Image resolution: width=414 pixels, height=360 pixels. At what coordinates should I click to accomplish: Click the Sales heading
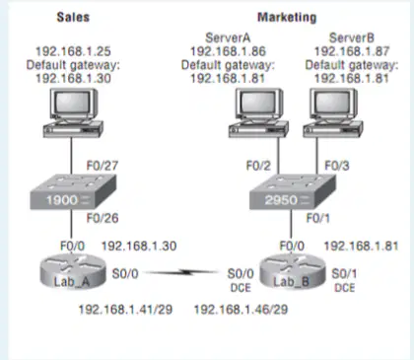[x=73, y=17]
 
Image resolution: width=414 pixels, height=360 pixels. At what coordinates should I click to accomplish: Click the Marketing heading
[x=287, y=18]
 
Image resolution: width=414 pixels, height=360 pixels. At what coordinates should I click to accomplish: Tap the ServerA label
[x=228, y=37]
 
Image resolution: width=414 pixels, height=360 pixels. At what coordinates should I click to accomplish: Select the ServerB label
[x=352, y=37]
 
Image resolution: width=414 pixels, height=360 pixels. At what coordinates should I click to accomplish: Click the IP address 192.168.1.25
[x=73, y=51]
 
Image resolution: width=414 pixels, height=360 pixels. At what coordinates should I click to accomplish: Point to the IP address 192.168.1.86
[x=228, y=51]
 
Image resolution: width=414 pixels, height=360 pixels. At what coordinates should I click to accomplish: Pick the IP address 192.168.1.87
[x=352, y=51]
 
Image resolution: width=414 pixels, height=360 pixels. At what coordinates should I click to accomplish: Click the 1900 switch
[x=73, y=192]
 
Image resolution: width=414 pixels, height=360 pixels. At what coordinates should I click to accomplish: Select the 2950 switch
[x=293, y=192]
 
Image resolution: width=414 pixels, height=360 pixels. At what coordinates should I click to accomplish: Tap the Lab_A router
[x=73, y=272]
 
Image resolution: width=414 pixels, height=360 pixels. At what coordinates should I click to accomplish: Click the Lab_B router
[x=292, y=272]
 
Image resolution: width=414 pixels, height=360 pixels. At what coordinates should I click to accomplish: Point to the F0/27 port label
[x=103, y=166]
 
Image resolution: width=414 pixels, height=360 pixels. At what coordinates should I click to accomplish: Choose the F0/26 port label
[x=103, y=218]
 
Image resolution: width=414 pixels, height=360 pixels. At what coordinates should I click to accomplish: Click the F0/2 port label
[x=258, y=166]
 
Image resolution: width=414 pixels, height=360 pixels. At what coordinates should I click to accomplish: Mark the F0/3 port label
[x=337, y=166]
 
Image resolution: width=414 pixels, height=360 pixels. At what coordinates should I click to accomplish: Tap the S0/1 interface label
[x=344, y=273]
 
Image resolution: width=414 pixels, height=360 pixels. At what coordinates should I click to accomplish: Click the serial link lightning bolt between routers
[x=182, y=272]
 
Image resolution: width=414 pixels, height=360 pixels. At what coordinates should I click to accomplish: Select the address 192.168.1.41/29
[x=125, y=310]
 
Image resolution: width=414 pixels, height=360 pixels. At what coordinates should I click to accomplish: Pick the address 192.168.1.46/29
[x=241, y=310]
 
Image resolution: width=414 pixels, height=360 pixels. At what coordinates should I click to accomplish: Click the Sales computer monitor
[x=74, y=104]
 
